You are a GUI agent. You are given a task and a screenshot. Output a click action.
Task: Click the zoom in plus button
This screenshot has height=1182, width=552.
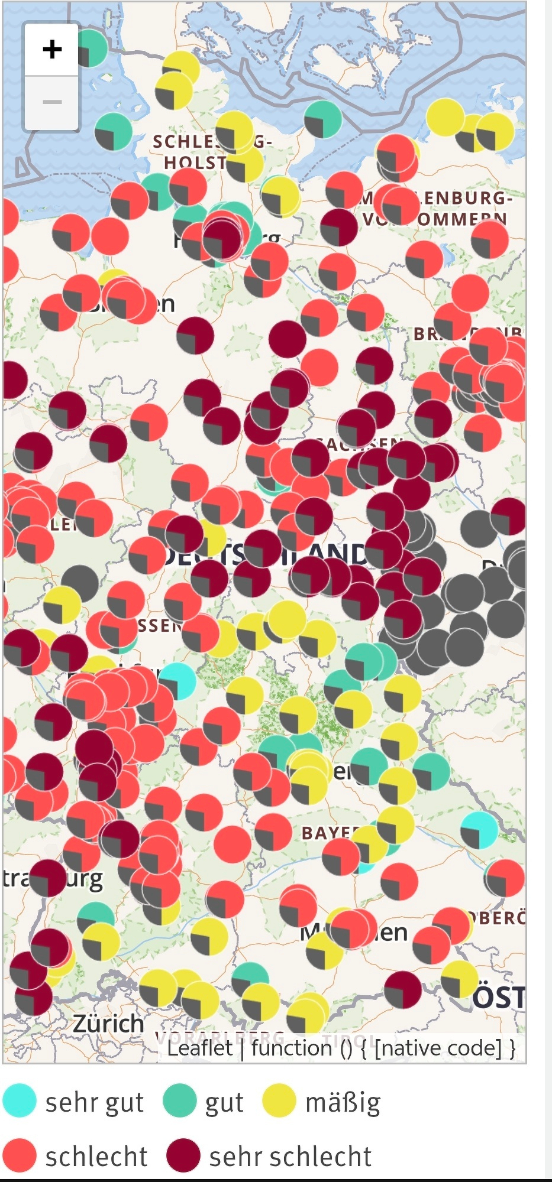tap(52, 49)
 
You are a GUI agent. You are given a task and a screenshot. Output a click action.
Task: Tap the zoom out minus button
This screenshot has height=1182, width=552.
tap(52, 102)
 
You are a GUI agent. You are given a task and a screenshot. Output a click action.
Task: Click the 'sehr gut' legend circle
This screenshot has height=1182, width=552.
tap(19, 1101)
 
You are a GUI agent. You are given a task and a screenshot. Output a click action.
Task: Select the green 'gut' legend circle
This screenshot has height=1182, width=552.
tap(179, 1101)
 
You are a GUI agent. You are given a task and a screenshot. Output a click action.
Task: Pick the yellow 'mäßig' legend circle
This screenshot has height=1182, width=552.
tap(279, 1101)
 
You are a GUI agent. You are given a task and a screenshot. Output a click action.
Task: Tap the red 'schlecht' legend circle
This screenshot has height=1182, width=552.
tap(19, 1155)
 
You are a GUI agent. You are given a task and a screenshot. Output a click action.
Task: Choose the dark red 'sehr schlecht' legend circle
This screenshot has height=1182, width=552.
tap(183, 1155)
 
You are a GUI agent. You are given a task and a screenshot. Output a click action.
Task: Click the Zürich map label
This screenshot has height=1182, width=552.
tap(108, 1023)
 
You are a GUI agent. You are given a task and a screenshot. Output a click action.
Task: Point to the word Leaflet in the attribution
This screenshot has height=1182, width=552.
tap(199, 1048)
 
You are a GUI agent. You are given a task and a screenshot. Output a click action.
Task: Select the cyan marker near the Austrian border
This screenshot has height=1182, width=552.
tap(479, 829)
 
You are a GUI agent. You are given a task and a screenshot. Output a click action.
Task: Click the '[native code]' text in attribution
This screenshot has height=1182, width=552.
tap(438, 1048)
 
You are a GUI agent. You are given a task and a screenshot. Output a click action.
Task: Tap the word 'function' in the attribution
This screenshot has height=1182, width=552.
tap(291, 1048)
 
